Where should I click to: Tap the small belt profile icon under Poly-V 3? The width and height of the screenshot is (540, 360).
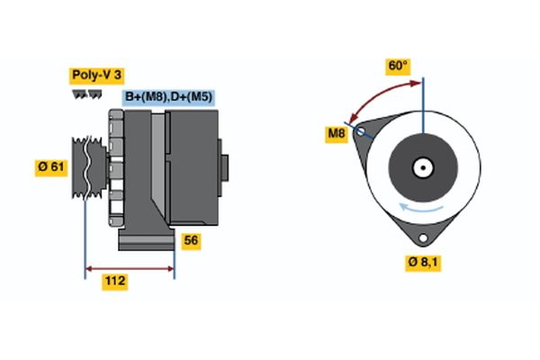click(86, 94)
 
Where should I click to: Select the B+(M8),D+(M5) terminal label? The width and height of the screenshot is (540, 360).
click(168, 97)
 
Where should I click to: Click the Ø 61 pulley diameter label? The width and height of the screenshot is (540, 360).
click(52, 167)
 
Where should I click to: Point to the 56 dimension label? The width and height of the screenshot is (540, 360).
click(190, 240)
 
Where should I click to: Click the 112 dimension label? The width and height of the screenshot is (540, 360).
click(114, 282)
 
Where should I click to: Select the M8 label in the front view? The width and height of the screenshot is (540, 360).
click(336, 135)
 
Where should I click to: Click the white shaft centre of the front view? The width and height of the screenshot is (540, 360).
click(422, 167)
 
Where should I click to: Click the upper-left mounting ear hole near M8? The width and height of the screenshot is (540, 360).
click(362, 131)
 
